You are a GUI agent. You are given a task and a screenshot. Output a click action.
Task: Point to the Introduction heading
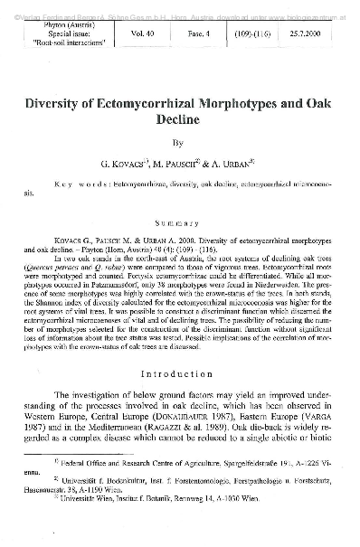(x=180, y=373)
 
